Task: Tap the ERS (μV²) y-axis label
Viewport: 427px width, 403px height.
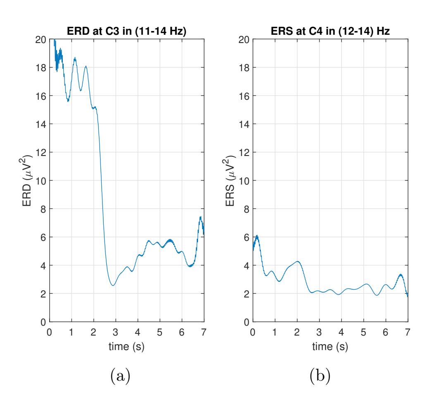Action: click(234, 181)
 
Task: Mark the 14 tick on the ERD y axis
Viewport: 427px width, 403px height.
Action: click(41, 124)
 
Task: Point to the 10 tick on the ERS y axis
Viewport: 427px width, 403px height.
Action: click(244, 181)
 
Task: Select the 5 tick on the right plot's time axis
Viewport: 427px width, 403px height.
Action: click(363, 332)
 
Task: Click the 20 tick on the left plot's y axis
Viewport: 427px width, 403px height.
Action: click(41, 40)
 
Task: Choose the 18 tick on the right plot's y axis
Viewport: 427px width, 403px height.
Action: click(244, 68)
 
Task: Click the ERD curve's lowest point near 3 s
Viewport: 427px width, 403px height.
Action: click(113, 285)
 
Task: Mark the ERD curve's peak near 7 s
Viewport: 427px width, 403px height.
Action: click(200, 217)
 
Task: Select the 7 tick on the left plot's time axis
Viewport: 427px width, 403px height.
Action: click(204, 332)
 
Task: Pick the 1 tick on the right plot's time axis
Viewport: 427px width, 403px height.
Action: click(274, 332)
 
